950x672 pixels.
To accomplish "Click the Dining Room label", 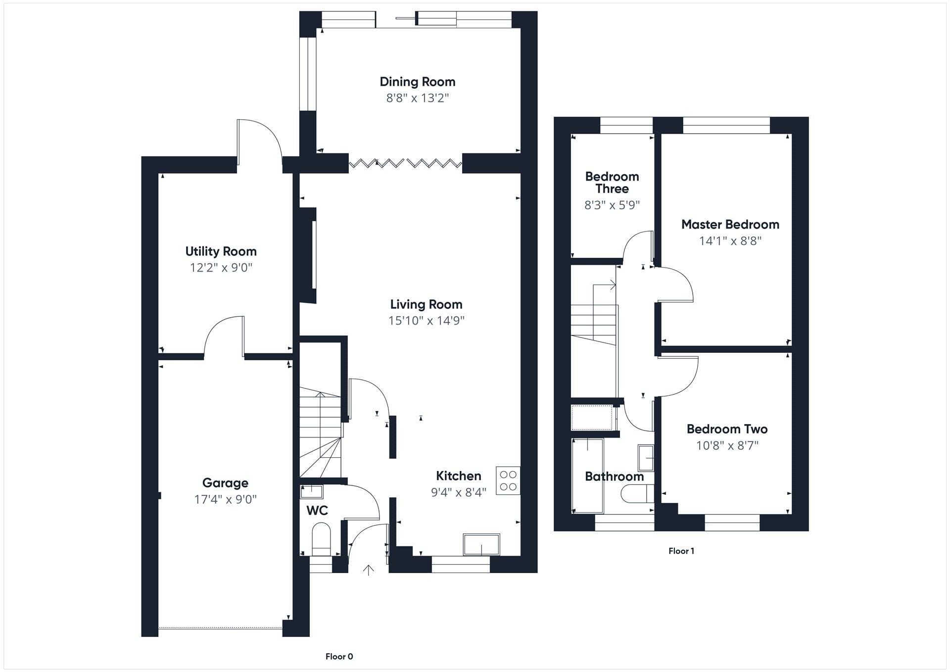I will pos(417,82).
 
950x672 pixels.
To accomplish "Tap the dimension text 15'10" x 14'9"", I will pos(426,321).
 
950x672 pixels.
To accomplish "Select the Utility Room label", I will pos(221,251).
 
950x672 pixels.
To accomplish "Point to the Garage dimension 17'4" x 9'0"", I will pos(225,499).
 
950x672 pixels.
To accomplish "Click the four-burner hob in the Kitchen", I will pos(508,480).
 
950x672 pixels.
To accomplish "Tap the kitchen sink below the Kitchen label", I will pos(481,545).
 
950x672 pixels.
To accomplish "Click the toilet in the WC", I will pos(321,541).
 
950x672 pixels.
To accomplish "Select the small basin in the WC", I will pos(312,491).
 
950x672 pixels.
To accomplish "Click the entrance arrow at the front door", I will pos(368,571).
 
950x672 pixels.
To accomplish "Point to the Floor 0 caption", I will pos(339,657).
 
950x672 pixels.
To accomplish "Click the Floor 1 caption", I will pos(681,551).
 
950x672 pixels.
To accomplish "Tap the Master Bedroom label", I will pos(730,225).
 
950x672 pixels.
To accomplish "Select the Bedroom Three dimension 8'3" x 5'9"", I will pos(612,205).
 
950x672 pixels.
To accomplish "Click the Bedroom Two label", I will pos(727,429).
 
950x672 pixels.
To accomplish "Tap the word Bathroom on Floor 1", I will pos(614,477).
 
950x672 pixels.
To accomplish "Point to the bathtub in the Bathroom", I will pos(587,476).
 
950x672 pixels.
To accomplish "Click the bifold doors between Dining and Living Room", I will pos(406,163).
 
